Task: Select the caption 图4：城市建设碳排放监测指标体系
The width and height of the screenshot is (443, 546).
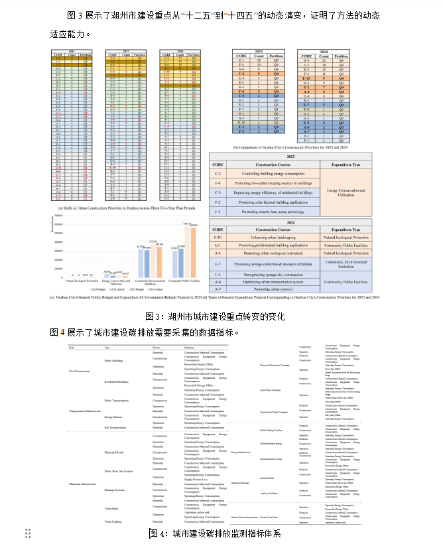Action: [215, 533]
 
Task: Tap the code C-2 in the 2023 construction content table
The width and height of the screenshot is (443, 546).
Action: [218, 174]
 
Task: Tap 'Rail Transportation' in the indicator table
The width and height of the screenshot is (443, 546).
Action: [117, 427]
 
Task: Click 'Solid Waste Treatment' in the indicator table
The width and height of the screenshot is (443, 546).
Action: [272, 389]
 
